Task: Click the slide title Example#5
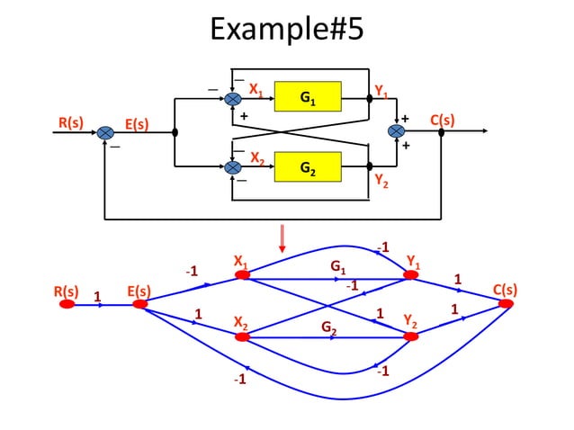coord(286,29)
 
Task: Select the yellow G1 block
coord(308,96)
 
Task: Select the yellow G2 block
coord(308,166)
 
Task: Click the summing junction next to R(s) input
coord(106,131)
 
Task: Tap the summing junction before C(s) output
coord(396,131)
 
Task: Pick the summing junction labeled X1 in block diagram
coord(233,97)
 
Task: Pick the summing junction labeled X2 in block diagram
coord(233,166)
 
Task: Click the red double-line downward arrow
coord(283,237)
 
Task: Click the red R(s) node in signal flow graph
coord(67,304)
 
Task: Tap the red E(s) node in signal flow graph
coord(139,304)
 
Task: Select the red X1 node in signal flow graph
coord(242,275)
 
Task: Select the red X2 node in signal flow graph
coord(242,336)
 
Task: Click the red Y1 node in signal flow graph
coord(411,275)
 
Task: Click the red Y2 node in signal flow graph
coord(411,336)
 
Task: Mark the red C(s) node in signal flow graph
coord(506,304)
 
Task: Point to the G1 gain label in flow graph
coord(336,267)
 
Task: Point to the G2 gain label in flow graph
coord(329,327)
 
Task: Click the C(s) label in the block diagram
coord(442,120)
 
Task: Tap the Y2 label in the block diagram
coord(381,180)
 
